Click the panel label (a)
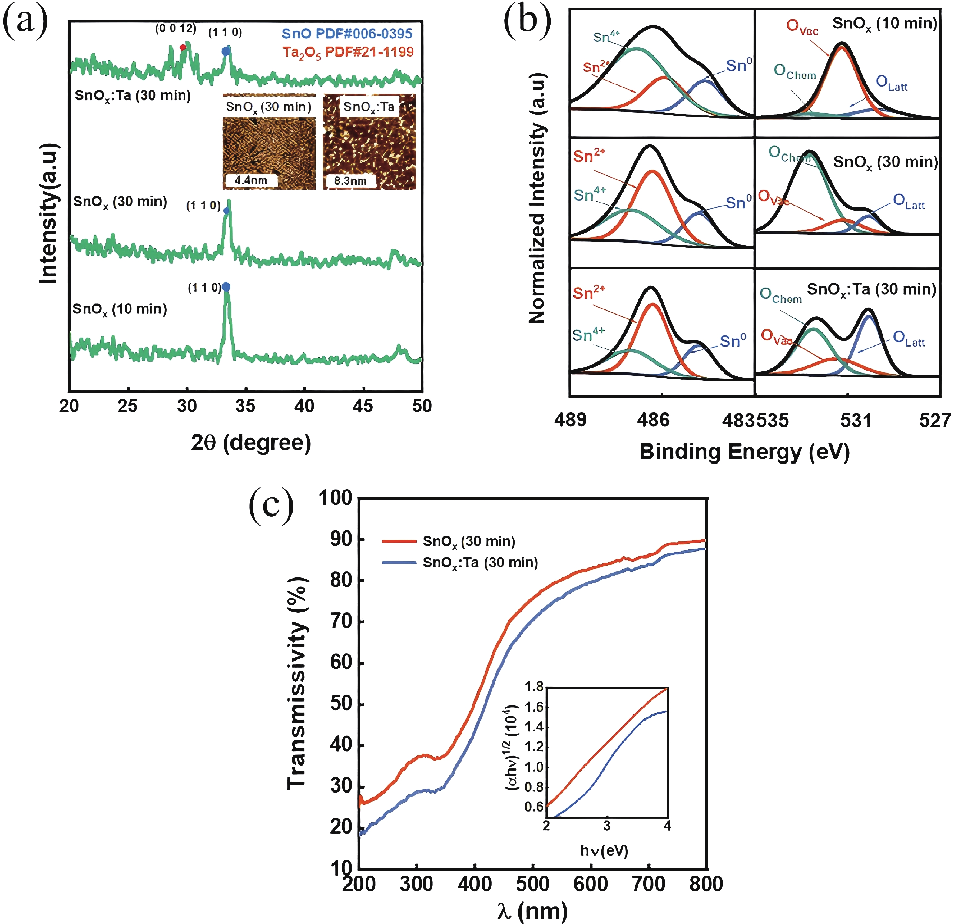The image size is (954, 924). pos(25,22)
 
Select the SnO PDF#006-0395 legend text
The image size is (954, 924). pos(347,34)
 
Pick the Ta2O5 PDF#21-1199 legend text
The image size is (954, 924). pos(348,52)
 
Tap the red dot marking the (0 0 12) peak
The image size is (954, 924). pos(183,47)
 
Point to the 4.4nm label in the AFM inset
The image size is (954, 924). pos(251,180)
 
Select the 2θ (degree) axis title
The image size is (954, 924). pos(251,442)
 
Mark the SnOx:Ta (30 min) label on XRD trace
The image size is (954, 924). pos(132,95)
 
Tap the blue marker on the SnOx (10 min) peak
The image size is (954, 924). pos(226,287)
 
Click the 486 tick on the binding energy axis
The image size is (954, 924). pos(653,419)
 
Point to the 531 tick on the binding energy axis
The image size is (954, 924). pos(855,419)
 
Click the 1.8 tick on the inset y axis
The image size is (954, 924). pos(534,687)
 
